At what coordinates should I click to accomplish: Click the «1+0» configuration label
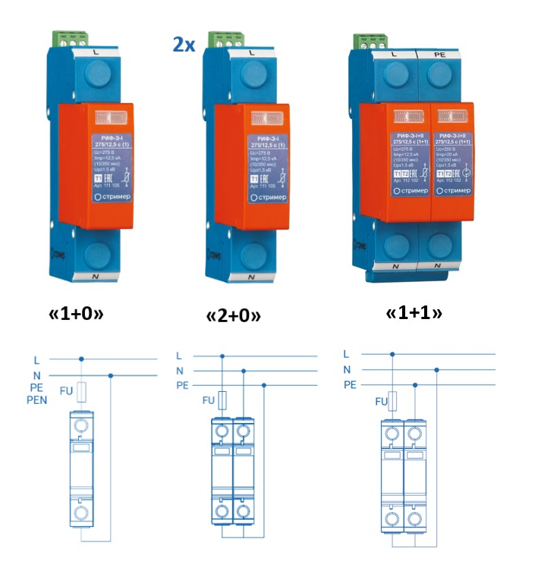(84, 313)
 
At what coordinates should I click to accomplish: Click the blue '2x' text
(184, 44)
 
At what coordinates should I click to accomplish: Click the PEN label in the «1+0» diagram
(37, 399)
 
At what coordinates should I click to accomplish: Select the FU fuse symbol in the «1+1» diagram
(392, 402)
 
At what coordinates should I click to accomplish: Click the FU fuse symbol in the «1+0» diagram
(82, 392)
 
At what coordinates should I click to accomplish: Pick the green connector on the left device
(70, 37)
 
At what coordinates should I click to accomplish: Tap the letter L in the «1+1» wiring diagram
(347, 354)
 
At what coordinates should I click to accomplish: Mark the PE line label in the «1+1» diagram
(350, 384)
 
